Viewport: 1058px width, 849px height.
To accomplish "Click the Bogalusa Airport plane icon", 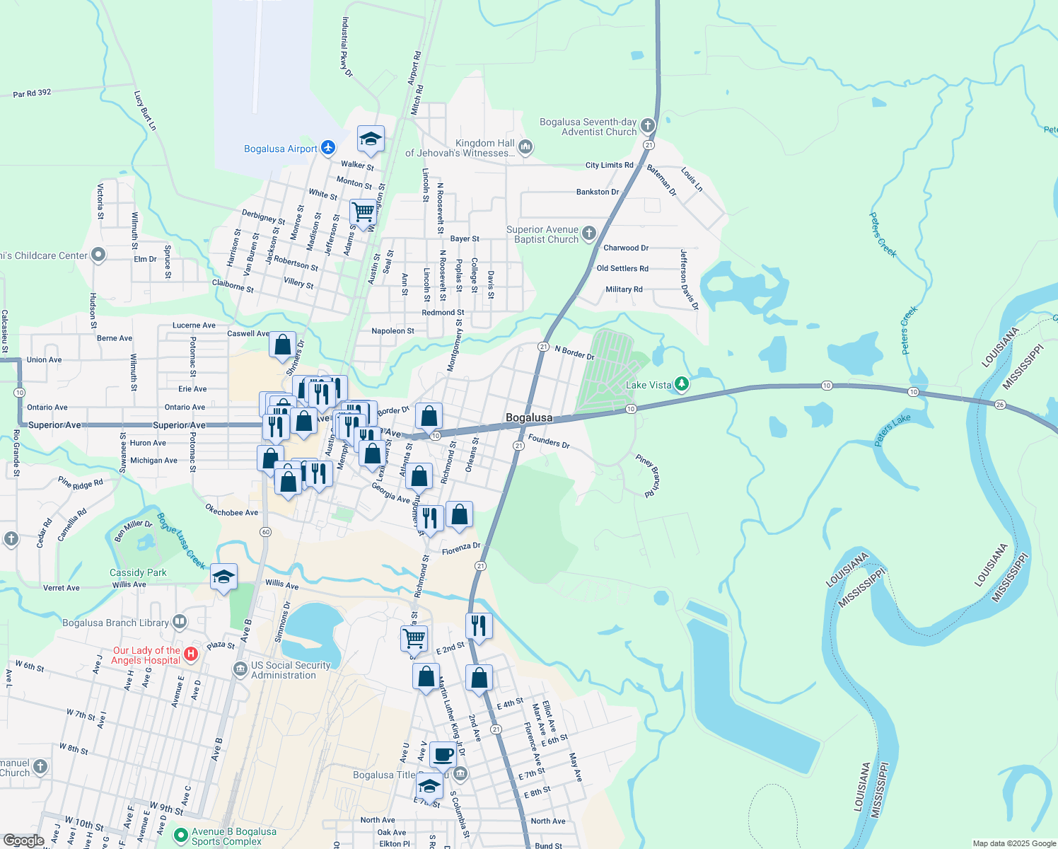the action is click(x=327, y=148).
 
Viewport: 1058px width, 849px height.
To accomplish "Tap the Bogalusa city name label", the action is click(x=529, y=417).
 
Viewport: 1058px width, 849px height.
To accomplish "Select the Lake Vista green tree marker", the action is click(x=681, y=384).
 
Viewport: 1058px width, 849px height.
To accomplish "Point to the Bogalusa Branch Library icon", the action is click(x=180, y=622).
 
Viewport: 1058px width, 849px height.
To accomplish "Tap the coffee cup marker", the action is click(x=443, y=755).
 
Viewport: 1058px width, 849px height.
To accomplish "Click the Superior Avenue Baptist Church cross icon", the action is click(x=589, y=233).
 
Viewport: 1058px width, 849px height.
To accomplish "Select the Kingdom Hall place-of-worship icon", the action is click(x=525, y=147).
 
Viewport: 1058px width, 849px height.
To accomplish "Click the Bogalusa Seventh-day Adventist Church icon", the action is click(x=647, y=126).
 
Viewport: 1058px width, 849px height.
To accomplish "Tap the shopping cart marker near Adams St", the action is click(x=363, y=212).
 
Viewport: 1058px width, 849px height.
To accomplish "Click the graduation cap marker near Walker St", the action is click(x=371, y=139).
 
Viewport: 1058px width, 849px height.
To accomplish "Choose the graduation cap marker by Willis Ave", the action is click(x=223, y=577).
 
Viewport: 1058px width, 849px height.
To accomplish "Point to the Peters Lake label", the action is click(x=893, y=430).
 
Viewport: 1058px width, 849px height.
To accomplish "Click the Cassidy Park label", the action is click(x=138, y=572).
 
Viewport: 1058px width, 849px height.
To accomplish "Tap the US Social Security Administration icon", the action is click(x=240, y=669).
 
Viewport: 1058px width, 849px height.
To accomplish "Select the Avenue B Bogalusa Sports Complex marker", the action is click(x=180, y=836).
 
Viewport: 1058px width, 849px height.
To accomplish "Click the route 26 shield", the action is click(x=999, y=405).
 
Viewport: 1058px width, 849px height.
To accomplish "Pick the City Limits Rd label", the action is click(x=609, y=165).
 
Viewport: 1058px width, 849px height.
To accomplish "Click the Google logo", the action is click(x=24, y=841).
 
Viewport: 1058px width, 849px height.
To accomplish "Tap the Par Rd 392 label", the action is click(x=32, y=93).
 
